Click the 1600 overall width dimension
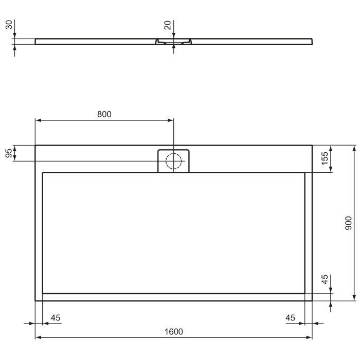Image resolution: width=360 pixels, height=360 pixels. tap(173, 332)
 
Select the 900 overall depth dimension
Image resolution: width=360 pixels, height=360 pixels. tap(348, 222)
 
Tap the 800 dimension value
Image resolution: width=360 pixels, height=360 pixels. tap(104, 114)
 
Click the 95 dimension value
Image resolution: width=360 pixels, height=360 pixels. tap(9, 153)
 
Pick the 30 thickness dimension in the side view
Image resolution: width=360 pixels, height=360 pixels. tap(9, 25)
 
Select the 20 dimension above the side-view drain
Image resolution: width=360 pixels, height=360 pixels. tap(168, 25)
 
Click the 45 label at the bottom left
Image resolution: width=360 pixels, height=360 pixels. tap(55, 318)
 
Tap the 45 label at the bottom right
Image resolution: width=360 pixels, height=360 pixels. tap(291, 318)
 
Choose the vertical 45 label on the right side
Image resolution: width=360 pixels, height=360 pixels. tap(325, 280)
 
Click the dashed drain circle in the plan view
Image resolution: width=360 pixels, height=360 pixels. tap(174, 161)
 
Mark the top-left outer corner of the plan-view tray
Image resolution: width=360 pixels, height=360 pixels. tap(35, 146)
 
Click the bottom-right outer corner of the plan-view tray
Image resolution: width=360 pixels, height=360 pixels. tap(312, 300)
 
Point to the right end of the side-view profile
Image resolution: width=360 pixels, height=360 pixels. tap(311, 41)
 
